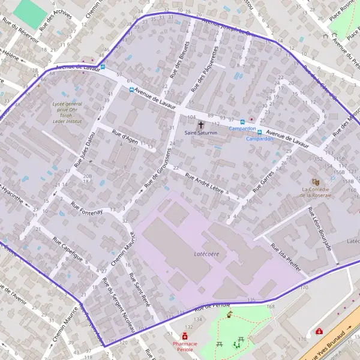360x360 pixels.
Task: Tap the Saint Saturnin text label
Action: point(200,133)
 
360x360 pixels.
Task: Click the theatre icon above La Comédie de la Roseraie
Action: point(316,181)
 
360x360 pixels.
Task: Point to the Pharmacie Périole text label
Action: point(185,347)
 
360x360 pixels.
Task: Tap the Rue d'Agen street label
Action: point(126,137)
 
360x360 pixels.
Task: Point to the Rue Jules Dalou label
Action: point(85,148)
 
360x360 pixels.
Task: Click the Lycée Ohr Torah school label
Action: point(66,112)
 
